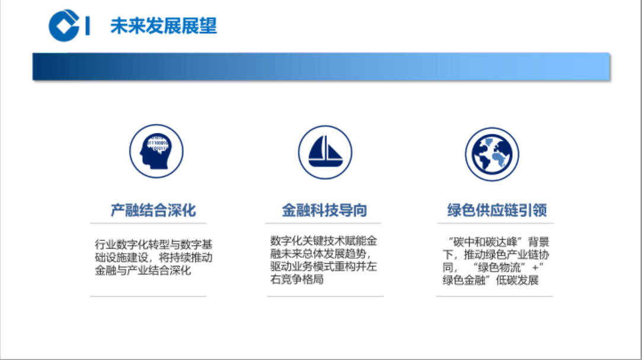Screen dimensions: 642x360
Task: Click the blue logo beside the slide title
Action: [64, 26]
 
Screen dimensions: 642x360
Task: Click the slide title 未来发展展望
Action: [164, 26]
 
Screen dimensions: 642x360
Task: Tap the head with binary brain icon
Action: [156, 151]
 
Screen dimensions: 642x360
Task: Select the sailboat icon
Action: [325, 152]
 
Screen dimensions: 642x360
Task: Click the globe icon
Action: [492, 154]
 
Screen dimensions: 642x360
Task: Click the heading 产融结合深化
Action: [153, 210]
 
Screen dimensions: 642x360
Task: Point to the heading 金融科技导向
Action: [324, 210]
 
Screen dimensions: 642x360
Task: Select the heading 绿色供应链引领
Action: [497, 210]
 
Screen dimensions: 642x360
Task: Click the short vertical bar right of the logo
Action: [88, 26]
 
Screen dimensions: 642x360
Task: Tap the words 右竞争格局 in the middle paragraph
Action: [297, 279]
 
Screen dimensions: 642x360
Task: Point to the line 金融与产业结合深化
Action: [143, 270]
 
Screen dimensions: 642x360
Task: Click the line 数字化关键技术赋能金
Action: [324, 241]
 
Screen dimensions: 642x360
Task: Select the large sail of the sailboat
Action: [318, 148]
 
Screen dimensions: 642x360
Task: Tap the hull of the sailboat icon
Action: [325, 164]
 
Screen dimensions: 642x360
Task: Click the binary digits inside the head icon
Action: [158, 144]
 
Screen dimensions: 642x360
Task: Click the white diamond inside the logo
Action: [63, 26]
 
